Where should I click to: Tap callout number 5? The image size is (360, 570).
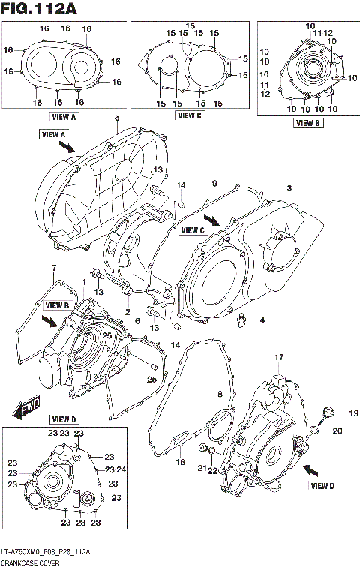click(x=117, y=118)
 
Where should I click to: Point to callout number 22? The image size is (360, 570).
click(x=213, y=470)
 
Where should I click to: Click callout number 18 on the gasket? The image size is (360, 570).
click(x=180, y=463)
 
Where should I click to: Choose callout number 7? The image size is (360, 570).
click(x=53, y=268)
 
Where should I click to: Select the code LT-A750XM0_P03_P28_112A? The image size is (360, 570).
click(x=46, y=552)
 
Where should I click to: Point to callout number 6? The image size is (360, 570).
click(x=136, y=320)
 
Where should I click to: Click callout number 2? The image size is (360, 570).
click(x=128, y=311)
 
